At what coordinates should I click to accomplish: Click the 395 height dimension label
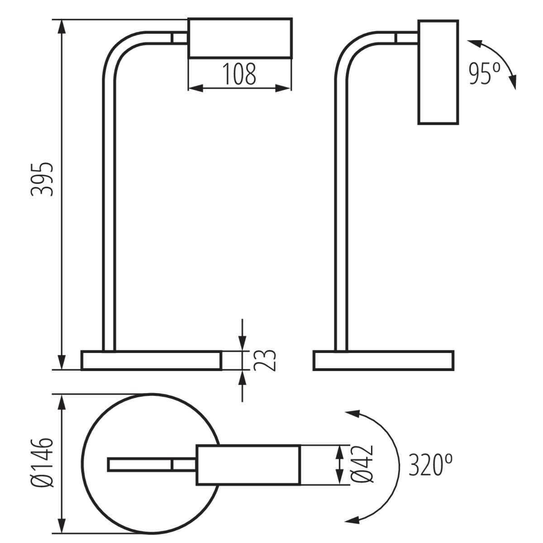tap(42, 179)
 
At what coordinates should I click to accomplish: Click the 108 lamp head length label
tap(239, 74)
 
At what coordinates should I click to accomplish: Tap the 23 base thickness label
tap(264, 360)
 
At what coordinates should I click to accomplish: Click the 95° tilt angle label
tap(484, 74)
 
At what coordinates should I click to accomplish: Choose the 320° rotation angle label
tap(431, 465)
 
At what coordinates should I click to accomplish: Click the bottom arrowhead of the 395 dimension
tap(62, 362)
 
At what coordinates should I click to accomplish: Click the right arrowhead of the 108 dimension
tap(283, 88)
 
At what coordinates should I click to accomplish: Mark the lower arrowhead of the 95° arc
tap(514, 82)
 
